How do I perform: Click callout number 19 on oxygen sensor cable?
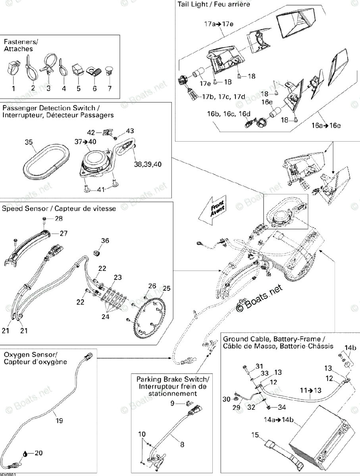[59, 421]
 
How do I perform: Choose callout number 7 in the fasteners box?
[109, 88]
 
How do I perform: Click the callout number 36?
[105, 240]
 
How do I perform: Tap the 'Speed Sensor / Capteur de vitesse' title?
[59, 208]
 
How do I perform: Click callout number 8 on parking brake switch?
[182, 445]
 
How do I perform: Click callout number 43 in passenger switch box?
[130, 131]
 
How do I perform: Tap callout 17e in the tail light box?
[205, 84]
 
